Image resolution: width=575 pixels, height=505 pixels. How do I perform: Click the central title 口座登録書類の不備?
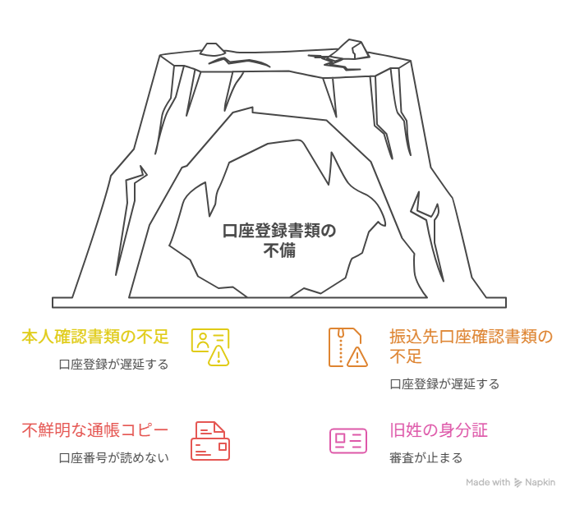[x=279, y=241]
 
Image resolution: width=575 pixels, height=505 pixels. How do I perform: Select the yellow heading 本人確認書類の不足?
[x=95, y=337]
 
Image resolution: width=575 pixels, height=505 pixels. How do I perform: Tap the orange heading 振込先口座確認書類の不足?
[x=471, y=347]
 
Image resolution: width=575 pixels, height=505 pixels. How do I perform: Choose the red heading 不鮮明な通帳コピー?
[x=95, y=430]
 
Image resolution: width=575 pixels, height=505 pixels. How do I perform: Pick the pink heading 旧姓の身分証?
[x=439, y=430]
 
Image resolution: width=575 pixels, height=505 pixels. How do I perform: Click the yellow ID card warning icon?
[x=210, y=347]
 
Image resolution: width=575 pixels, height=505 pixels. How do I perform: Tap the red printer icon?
[x=210, y=441]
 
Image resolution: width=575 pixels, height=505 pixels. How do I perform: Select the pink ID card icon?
[x=348, y=441]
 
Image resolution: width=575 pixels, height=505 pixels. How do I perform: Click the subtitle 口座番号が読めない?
[x=113, y=457]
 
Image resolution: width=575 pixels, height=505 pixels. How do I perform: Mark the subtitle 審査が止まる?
[x=426, y=457]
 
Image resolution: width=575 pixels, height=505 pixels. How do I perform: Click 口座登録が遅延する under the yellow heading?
[x=113, y=365]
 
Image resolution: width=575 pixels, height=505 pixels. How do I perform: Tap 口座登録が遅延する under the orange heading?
[x=444, y=383]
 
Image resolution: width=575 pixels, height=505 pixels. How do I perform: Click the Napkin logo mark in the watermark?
[x=517, y=483]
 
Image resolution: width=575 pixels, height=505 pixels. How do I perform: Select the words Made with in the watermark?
[x=488, y=482]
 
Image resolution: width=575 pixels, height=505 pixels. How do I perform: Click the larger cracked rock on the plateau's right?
[x=349, y=49]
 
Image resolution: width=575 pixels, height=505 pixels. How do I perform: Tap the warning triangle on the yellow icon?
[x=218, y=356]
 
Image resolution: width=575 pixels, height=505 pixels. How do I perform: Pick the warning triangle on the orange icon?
[x=356, y=356]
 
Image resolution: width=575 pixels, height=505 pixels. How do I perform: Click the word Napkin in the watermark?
[x=540, y=483]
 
